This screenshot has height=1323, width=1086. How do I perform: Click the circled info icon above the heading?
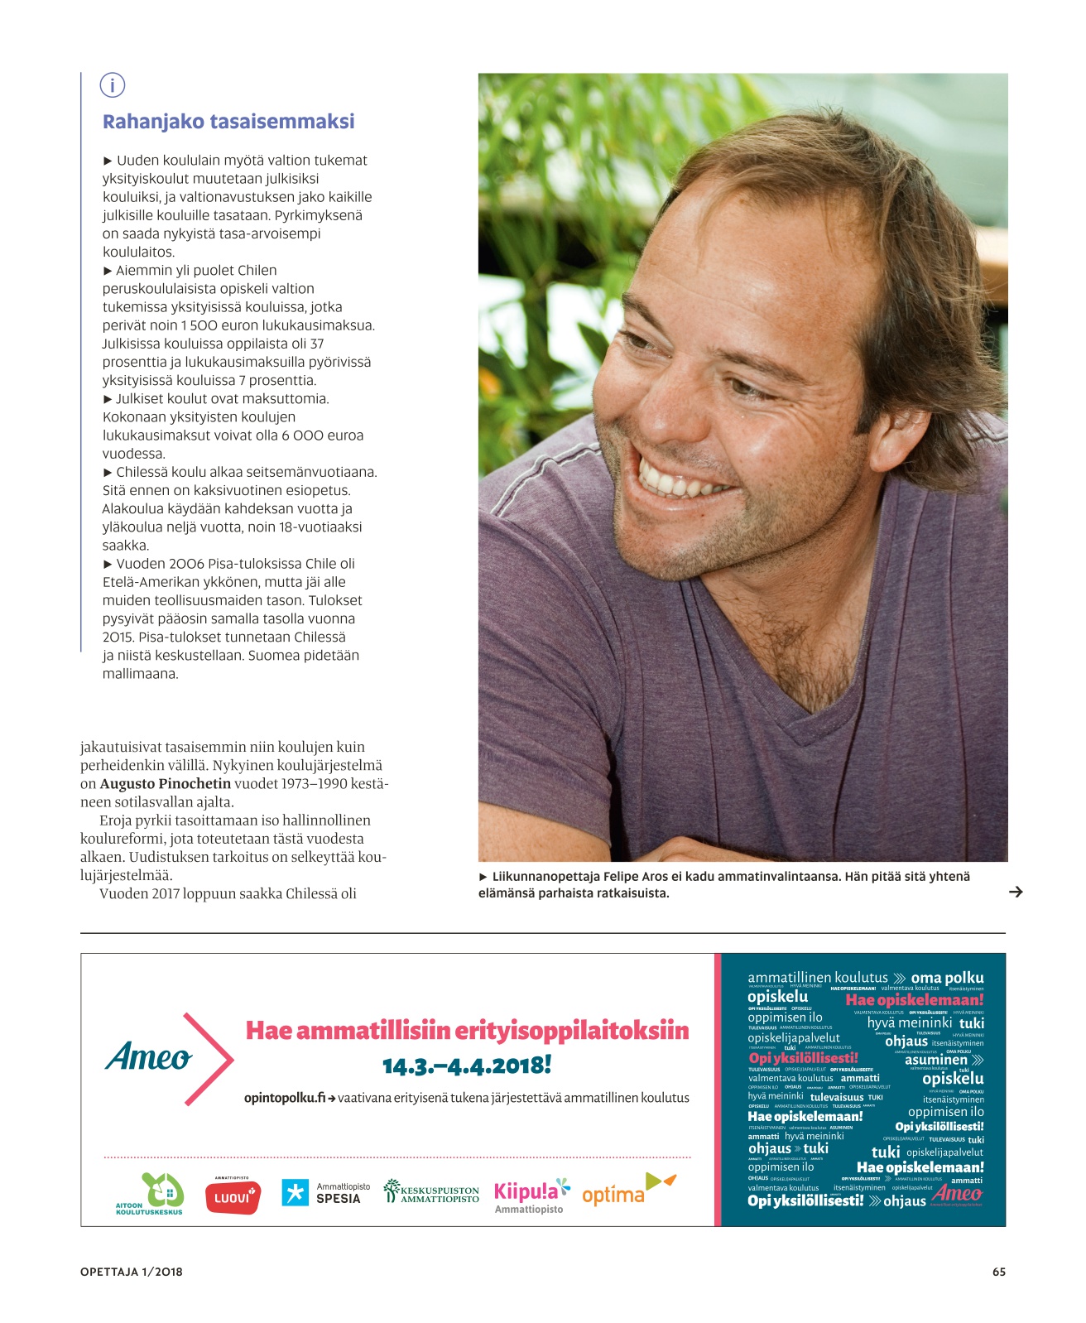[x=112, y=85]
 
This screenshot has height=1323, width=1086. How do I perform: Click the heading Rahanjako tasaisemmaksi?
[x=228, y=122]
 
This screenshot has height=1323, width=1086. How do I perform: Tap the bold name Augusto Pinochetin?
[x=166, y=784]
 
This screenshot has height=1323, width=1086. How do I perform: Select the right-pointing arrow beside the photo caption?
[x=1016, y=892]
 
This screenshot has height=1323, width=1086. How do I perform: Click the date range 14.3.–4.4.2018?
[x=467, y=1066]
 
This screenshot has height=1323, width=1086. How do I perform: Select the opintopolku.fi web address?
[x=285, y=1098]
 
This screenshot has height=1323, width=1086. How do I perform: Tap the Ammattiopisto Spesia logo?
[x=326, y=1193]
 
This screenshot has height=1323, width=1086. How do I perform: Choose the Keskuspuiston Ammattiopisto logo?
[x=431, y=1193]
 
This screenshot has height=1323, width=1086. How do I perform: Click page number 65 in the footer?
[x=998, y=1272]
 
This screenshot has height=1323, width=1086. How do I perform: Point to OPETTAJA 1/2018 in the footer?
[x=132, y=1272]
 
